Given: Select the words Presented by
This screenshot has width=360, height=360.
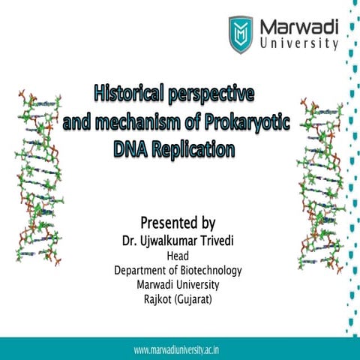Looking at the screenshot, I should click(178, 223).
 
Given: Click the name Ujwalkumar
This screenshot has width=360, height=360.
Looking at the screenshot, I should click(175, 242).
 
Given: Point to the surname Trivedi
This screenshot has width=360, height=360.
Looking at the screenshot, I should click(226, 242).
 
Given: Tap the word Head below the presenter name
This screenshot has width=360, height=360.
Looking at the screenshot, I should click(178, 256).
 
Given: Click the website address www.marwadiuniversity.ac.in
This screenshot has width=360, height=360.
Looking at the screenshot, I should click(181, 350).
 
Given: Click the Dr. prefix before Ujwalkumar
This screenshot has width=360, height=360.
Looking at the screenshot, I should click(129, 242).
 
